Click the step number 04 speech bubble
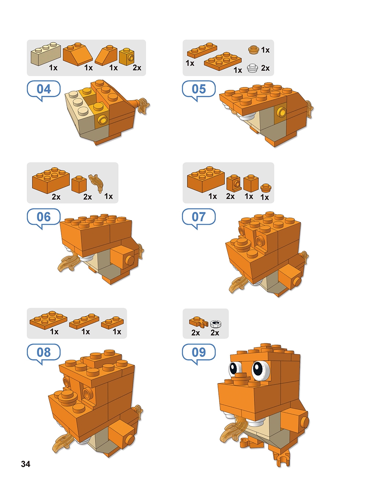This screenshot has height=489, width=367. click(44, 90)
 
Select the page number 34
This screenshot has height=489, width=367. click(26, 464)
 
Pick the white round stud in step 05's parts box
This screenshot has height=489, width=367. click(252, 68)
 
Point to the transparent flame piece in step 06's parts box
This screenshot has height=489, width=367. click(96, 183)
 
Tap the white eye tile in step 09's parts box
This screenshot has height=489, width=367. click(216, 324)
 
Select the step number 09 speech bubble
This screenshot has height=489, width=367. click(199, 353)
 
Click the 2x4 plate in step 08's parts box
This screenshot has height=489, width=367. click(48, 320)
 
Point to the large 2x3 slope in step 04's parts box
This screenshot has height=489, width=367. click(78, 54)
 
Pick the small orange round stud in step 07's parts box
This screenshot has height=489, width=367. click(266, 188)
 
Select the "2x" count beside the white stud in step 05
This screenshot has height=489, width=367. click(265, 68)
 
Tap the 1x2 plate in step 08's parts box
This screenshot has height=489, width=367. click(112, 322)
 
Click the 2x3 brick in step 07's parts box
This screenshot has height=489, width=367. click(206, 179)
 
